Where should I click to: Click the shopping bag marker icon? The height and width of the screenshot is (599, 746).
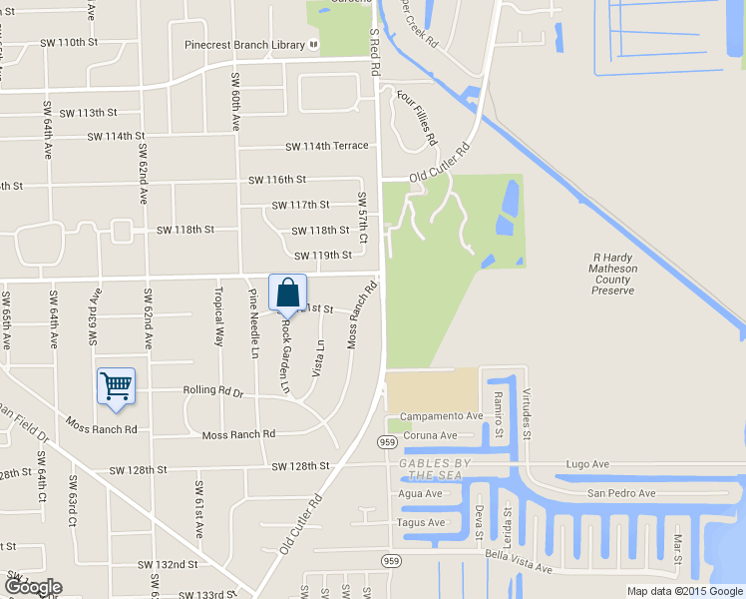point(287,294)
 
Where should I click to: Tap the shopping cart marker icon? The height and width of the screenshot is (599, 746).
point(116,385)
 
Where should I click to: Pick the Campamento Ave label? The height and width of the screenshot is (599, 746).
point(441,415)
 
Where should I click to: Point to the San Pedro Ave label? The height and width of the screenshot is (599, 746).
point(620,493)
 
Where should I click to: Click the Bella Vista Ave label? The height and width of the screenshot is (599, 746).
point(519,560)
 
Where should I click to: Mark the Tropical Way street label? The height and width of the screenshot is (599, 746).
point(218,316)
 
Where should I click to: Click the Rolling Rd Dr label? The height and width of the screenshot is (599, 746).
point(211,391)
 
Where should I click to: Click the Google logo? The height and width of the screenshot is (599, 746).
point(32,587)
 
